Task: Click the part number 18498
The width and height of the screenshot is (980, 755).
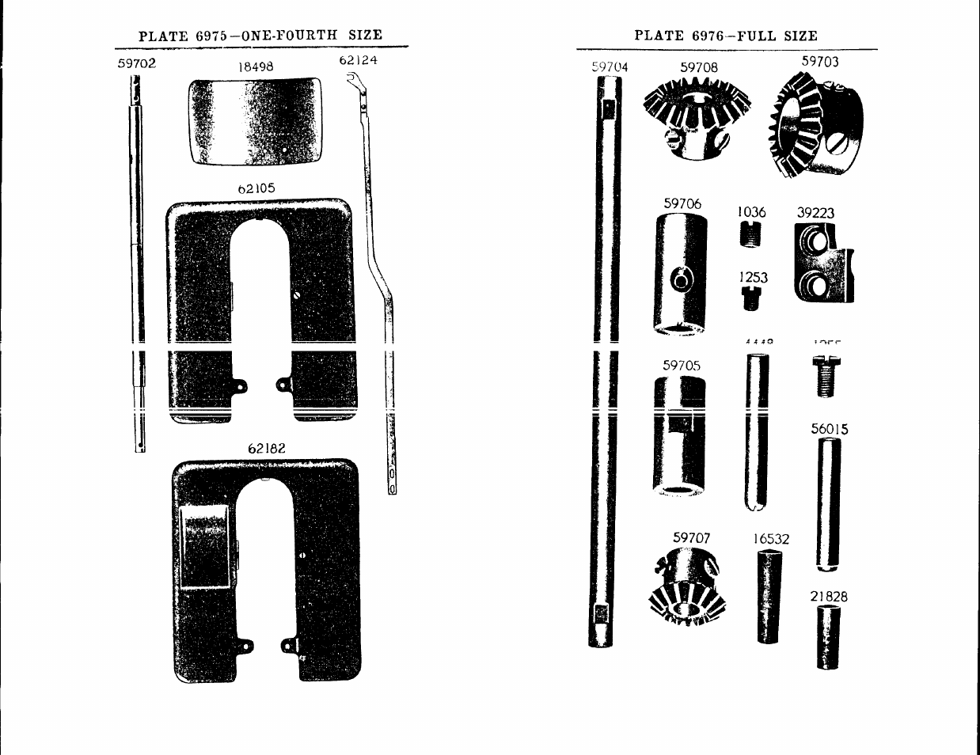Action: [x=256, y=67]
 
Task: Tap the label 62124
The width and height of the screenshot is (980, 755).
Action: [x=358, y=60]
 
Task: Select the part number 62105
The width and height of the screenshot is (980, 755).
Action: [x=256, y=189]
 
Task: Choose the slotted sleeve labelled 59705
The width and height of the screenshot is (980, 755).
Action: [x=679, y=435]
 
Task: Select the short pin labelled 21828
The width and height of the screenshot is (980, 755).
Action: [x=828, y=637]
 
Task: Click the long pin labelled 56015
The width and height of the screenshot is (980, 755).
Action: [x=829, y=504]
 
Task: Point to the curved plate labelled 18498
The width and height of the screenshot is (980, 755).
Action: [x=256, y=120]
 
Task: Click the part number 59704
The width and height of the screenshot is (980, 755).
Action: [x=610, y=67]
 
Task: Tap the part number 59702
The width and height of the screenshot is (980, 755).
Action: [x=137, y=63]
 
